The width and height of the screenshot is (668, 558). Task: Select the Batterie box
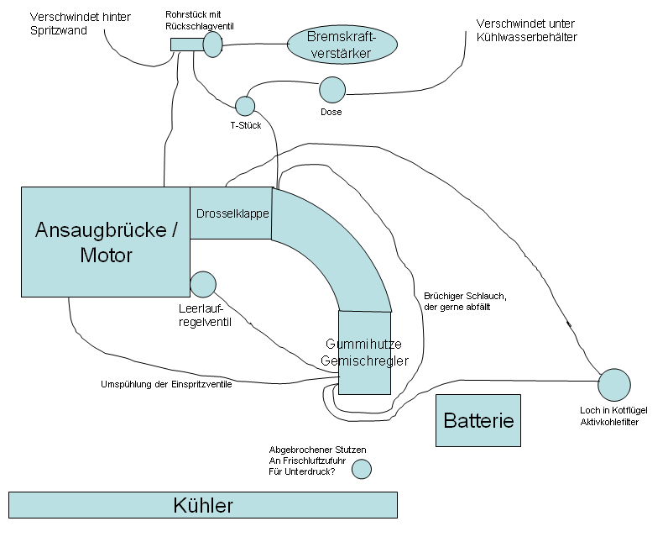478,420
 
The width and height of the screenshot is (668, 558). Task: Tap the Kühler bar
202,505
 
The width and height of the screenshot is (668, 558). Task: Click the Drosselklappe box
232,213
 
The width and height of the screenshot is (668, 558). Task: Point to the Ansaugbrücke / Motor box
106,242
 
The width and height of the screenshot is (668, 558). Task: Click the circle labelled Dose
332,90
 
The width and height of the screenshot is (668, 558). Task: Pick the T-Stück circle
245,106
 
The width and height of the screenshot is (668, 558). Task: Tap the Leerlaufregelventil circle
203,284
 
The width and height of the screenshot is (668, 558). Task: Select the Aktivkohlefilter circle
613,385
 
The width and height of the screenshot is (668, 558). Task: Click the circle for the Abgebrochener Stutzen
361,469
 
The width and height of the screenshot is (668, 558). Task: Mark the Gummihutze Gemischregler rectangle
365,352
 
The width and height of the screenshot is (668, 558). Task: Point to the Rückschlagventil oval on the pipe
212,44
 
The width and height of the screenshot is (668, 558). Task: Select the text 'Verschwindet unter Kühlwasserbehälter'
526,30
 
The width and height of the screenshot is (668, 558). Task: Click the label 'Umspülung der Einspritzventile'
165,385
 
